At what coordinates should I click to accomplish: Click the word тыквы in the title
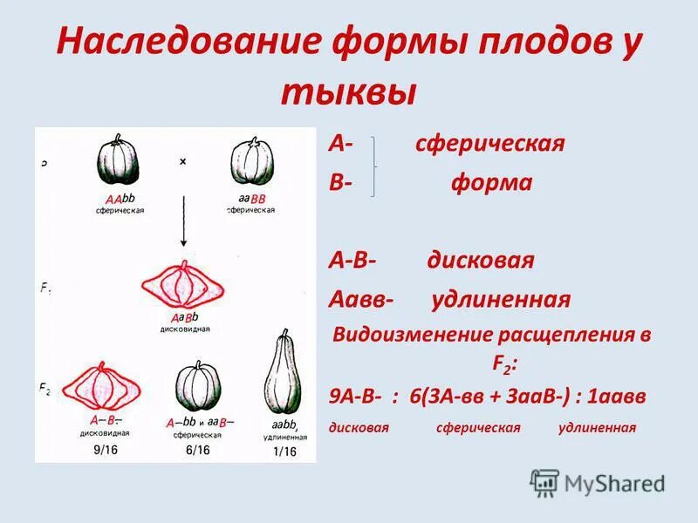348,92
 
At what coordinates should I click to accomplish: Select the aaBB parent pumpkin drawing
252,162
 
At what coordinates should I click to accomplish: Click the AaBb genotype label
185,317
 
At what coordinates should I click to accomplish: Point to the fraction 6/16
196,450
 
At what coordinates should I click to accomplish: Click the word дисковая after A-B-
481,261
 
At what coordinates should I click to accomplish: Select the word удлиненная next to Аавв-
501,300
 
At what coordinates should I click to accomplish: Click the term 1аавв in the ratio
615,395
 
